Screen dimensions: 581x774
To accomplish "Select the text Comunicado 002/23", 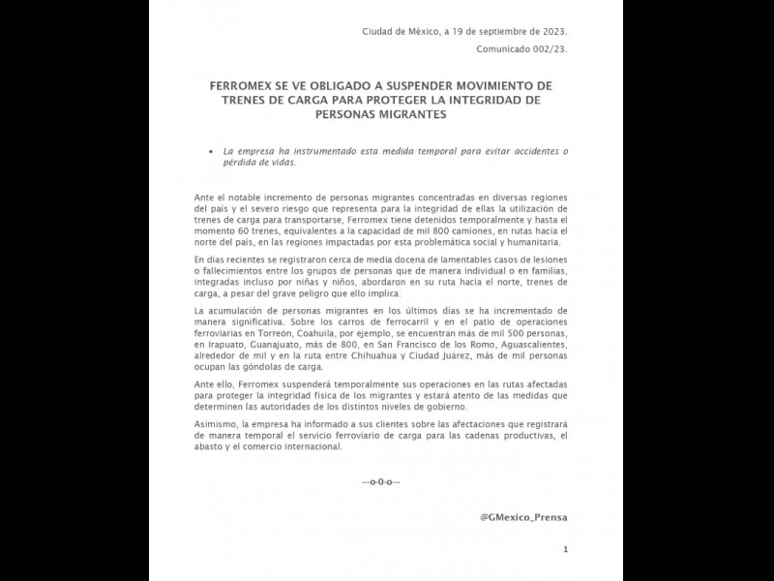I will click(522, 49).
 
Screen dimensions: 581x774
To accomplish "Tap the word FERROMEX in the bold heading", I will click(246, 85).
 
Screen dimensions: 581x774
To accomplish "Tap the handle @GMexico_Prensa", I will click(523, 517).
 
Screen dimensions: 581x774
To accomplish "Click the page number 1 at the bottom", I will click(565, 550).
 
